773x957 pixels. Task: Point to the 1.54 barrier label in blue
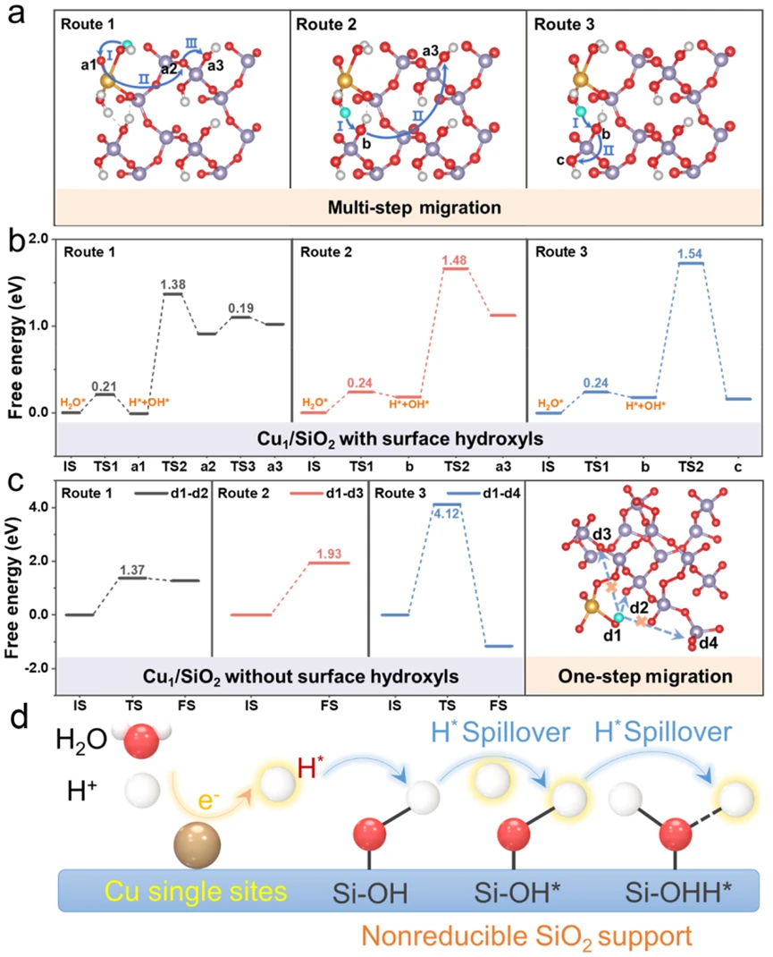click(x=691, y=254)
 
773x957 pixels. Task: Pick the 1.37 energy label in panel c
click(x=133, y=570)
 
